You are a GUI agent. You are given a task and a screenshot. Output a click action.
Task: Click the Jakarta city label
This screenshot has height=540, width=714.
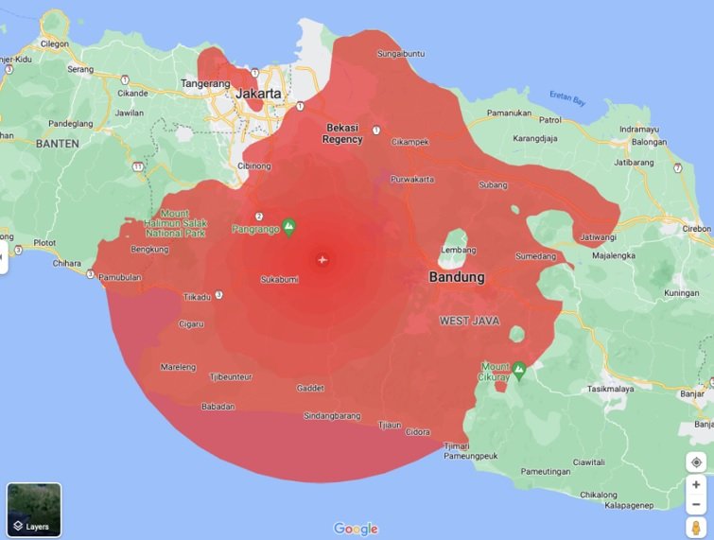coord(258,94)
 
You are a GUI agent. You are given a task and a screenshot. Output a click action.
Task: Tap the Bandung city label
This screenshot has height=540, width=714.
coord(456,278)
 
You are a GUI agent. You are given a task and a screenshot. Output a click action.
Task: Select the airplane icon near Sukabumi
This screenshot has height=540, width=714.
coord(322,259)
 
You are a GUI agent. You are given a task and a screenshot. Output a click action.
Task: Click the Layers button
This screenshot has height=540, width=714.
coord(34,511)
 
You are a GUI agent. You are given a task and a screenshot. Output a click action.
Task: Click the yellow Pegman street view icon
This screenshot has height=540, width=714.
coord(696,527)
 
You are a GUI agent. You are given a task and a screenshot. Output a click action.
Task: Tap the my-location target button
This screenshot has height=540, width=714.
coord(696,462)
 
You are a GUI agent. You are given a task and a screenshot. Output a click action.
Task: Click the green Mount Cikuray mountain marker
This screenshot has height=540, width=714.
coord(518,368)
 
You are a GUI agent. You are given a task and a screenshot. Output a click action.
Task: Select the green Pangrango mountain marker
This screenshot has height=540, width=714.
coord(289,226)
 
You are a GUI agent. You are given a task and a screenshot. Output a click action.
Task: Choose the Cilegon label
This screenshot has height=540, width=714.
coord(54,44)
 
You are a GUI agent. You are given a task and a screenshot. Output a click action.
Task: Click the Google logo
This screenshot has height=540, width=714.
coord(356,529)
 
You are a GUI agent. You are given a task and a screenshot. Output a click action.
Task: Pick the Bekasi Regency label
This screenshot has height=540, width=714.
coord(342,133)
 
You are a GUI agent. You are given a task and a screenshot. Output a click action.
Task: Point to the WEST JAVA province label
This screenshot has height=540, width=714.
coord(469,322)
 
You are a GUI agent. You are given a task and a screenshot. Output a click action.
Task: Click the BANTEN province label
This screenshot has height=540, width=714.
coord(57,144)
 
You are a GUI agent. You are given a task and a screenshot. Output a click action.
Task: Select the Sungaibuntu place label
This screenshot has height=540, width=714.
coord(401,54)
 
